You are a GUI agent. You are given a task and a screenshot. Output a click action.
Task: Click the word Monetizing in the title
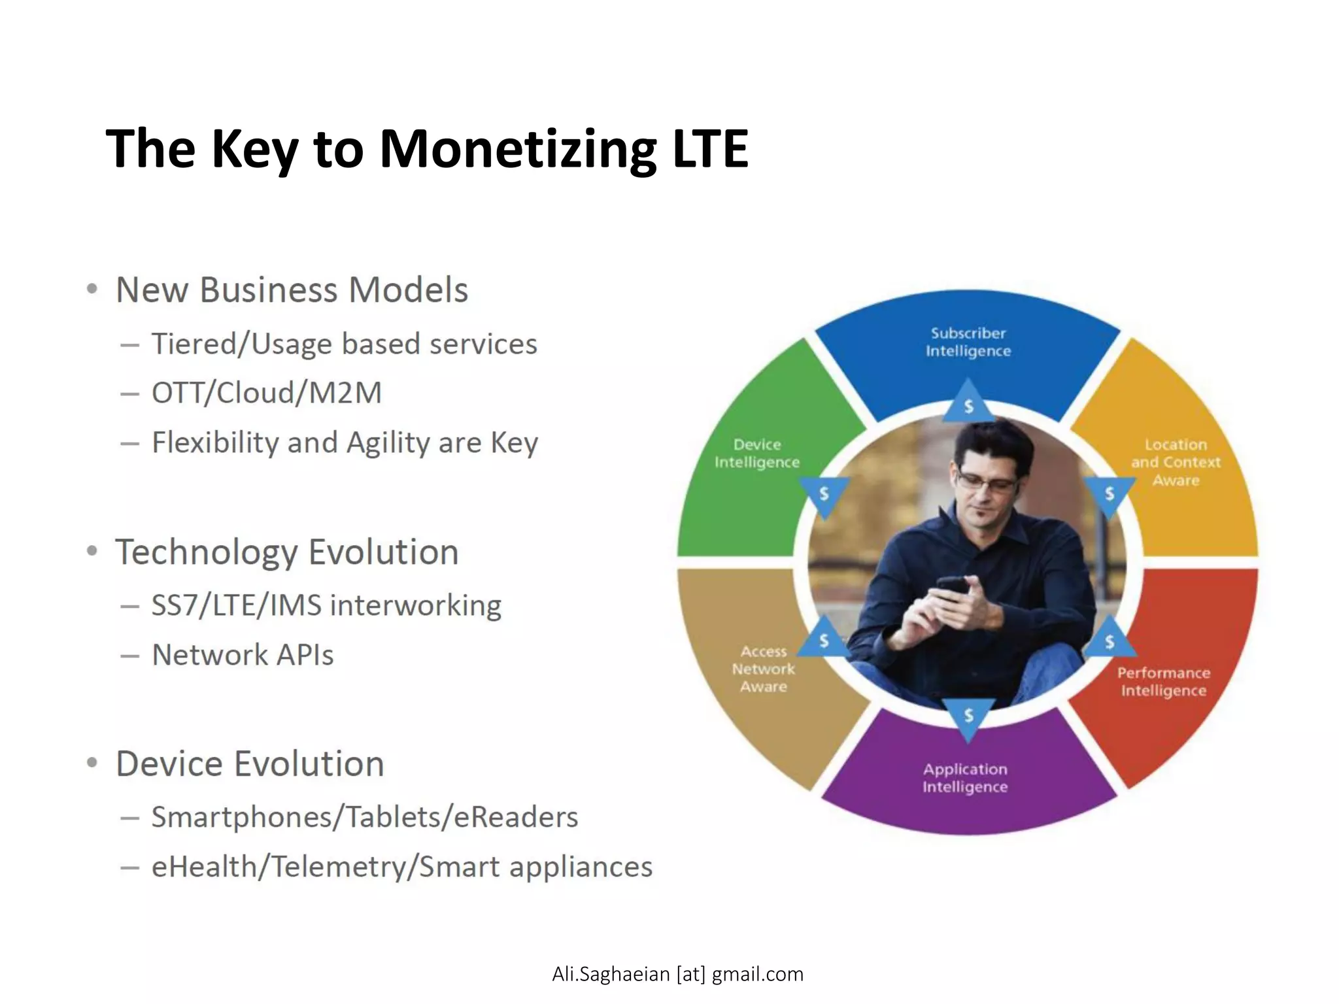518,150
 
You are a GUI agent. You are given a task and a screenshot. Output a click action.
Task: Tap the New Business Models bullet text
292,290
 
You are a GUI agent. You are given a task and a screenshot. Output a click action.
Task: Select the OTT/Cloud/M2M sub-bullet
267,393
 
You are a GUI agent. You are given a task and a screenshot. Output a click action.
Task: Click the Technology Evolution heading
286,552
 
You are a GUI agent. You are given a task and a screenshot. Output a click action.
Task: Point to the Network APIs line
243,655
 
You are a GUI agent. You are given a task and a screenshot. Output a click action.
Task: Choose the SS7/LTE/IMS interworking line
326,605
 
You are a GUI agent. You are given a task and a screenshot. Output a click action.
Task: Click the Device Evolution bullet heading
250,763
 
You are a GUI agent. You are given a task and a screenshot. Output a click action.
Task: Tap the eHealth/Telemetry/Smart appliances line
401,867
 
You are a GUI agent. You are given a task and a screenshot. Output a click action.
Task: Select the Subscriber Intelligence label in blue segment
968,342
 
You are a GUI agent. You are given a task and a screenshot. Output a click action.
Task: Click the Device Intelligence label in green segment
756,453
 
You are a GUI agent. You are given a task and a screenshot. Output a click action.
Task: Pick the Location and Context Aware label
1176,462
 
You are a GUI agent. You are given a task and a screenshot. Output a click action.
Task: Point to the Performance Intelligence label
1163,682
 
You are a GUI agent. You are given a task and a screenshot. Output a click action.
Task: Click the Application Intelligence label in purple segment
965,778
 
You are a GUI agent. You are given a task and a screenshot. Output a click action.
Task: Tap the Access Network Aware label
763,669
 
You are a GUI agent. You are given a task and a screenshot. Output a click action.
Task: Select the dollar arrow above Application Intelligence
968,716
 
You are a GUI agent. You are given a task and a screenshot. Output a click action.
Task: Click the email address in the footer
677,974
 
